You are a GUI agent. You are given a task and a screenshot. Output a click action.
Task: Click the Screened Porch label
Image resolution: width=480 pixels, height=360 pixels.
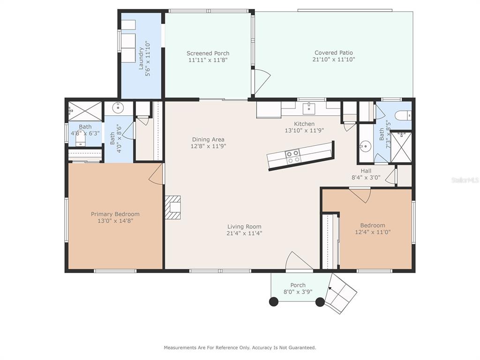point(208,53)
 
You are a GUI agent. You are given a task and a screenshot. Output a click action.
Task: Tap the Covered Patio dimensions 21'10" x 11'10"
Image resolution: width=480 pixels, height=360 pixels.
point(334,60)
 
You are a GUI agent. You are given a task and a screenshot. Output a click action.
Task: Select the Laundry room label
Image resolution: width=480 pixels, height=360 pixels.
point(141,58)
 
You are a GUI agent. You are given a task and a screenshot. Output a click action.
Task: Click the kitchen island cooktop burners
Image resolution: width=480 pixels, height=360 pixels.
point(292,156)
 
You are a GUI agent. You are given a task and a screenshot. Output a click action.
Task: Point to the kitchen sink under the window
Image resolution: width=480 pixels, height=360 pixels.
point(308,108)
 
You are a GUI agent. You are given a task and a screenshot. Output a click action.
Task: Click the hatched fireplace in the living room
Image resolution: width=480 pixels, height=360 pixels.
point(172,207)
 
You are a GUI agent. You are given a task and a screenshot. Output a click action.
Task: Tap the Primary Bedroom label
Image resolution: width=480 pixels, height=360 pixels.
point(115,214)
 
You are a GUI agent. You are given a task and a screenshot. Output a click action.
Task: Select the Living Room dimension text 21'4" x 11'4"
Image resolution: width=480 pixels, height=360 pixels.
point(244,233)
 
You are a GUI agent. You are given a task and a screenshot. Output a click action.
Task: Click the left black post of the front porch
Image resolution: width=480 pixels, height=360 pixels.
point(274,301)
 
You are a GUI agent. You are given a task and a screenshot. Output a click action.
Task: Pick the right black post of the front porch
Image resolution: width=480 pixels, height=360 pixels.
point(320,302)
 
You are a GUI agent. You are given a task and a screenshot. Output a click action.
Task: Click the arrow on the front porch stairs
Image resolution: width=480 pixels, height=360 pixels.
point(330,289)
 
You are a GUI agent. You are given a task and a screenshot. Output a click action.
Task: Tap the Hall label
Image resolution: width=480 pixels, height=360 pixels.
point(366,171)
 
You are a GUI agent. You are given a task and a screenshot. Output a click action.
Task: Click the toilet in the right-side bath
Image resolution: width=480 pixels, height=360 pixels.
point(403,115)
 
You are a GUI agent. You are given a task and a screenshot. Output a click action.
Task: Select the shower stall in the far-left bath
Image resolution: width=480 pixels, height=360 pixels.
point(85,111)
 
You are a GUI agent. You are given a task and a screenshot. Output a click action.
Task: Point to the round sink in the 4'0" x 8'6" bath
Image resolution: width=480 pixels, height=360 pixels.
point(118,107)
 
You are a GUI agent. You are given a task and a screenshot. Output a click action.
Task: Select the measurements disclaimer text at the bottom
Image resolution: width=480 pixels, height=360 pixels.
point(240,347)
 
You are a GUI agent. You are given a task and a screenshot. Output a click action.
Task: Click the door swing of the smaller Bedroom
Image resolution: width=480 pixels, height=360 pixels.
point(360,195)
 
